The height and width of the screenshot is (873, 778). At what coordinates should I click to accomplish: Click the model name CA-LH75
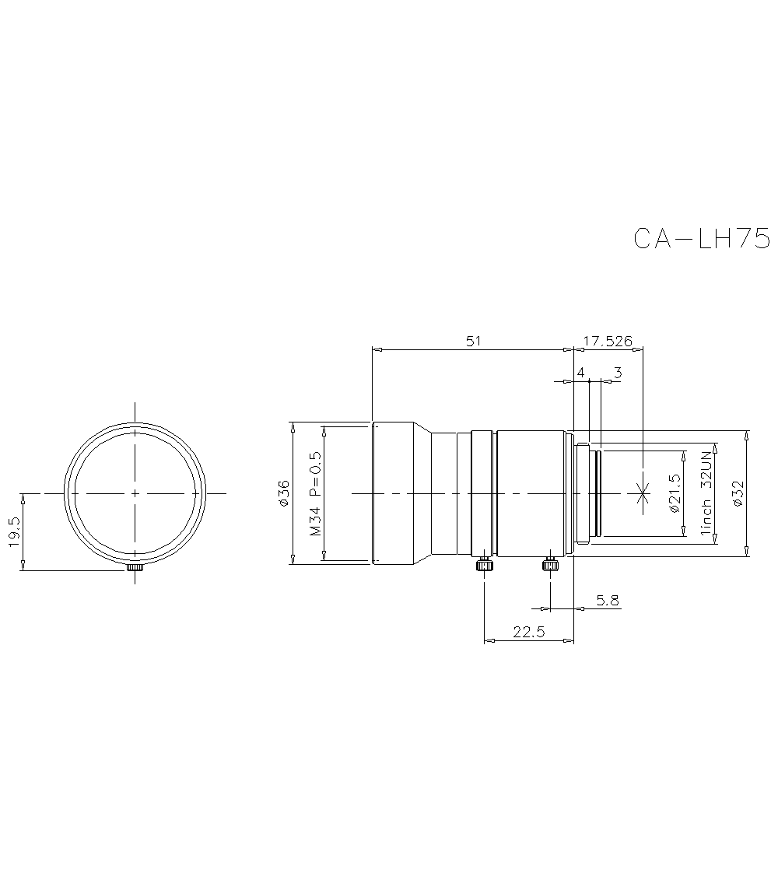701,238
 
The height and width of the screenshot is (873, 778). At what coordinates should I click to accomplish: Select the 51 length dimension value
473,341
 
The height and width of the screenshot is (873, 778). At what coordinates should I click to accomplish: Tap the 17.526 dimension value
608,341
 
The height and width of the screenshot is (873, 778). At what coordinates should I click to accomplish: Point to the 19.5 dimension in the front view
15,532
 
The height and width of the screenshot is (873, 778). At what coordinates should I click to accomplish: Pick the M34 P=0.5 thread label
315,493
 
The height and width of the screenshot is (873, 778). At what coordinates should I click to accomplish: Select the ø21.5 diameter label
675,493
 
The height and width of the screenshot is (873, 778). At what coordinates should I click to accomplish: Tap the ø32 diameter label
738,493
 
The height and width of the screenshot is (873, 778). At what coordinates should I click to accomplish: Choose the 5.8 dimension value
608,600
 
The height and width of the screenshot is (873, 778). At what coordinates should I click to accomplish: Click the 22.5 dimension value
528,633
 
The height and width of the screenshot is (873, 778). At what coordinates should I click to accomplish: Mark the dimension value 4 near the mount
580,373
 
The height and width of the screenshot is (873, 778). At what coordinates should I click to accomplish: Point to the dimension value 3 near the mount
618,373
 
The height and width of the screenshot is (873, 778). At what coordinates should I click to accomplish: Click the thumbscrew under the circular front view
135,566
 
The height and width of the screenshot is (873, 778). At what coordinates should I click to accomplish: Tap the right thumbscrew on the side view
550,563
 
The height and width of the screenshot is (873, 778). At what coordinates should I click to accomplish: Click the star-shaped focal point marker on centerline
643,492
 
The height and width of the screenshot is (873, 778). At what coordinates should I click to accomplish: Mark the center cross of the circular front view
135,493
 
